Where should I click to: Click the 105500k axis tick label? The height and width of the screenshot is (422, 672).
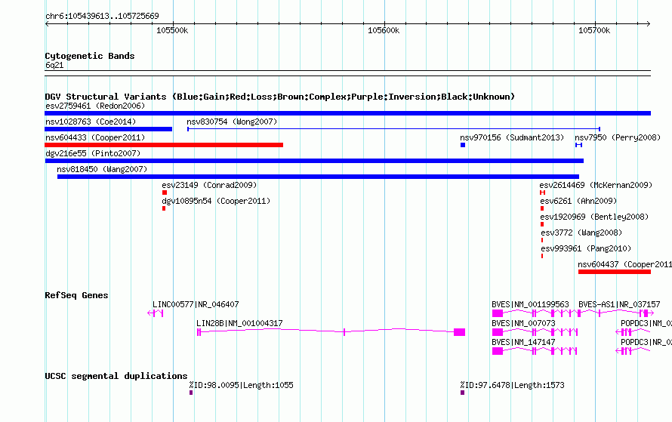tap(172, 30)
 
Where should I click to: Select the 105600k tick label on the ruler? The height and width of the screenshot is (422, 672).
tap(384, 30)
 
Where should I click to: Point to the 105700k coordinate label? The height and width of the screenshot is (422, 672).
tap(594, 30)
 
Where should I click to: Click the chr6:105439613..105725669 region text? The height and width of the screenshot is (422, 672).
tap(102, 16)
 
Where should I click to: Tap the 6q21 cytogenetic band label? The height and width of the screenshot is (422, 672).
tap(54, 65)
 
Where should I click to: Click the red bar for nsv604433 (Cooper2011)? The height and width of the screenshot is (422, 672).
tap(164, 145)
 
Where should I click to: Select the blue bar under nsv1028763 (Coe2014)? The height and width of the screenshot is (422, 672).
tap(109, 129)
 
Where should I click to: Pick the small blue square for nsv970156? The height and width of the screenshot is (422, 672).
tap(463, 145)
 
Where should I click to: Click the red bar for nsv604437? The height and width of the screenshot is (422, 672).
tap(615, 272)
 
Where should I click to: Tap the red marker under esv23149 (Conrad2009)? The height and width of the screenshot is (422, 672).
tap(165, 193)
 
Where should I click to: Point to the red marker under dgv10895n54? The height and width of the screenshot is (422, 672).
tap(164, 208)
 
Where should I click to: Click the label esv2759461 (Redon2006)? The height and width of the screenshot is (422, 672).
tap(95, 106)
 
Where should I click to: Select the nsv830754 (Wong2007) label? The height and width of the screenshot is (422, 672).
tap(232, 122)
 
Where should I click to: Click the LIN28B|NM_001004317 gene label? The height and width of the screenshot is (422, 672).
tap(239, 323)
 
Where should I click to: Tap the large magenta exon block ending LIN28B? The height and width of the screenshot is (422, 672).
tap(459, 332)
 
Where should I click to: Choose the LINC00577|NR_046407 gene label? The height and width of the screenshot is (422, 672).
tap(196, 304)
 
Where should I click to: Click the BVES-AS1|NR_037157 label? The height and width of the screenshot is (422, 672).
tap(619, 304)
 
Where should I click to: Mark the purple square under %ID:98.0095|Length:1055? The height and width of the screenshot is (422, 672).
tap(191, 393)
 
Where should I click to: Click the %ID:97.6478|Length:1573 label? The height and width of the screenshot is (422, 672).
tap(512, 385)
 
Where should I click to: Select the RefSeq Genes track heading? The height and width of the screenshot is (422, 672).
tap(76, 295)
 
